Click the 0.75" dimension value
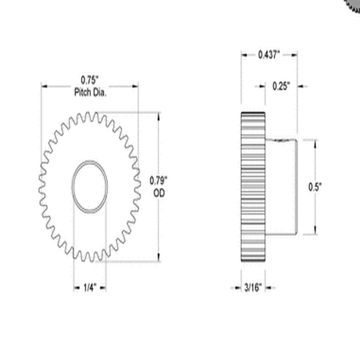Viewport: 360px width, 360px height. pos(89,80)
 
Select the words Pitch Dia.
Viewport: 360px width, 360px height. pos(89,91)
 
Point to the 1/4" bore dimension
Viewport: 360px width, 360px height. pos(89,287)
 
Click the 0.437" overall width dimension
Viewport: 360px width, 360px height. pos(269,54)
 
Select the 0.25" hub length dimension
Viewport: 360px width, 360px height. pos(282,86)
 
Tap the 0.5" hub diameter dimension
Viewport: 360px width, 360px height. pos(314,186)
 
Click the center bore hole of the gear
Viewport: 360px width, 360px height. pos(89,186)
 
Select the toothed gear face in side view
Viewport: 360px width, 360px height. pos(251,187)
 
